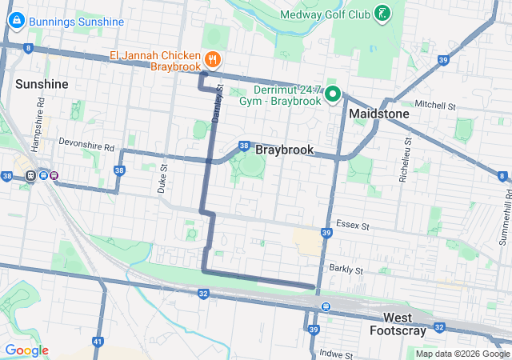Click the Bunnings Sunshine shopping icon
pyautogui.click(x=16, y=22)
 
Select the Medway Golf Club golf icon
pyautogui.click(x=383, y=14)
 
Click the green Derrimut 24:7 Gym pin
pyautogui.click(x=334, y=95)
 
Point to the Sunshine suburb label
pyautogui.click(x=42, y=84)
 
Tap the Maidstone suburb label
pyautogui.click(x=378, y=114)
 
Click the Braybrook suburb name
pyautogui.click(x=284, y=150)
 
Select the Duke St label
pyautogui.click(x=162, y=178)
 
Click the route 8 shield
pyautogui.click(x=29, y=48)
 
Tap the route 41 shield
pyautogui.click(x=98, y=342)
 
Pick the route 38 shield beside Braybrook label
pyautogui.click(x=244, y=146)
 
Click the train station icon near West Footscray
pyautogui.click(x=325, y=307)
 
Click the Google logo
pyautogui.click(x=26, y=350)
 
